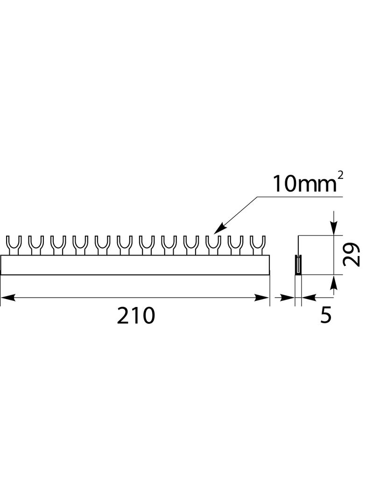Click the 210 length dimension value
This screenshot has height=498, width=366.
(x=135, y=316)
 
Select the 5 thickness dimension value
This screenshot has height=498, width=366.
(x=326, y=315)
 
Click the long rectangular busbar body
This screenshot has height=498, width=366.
(x=135, y=265)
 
